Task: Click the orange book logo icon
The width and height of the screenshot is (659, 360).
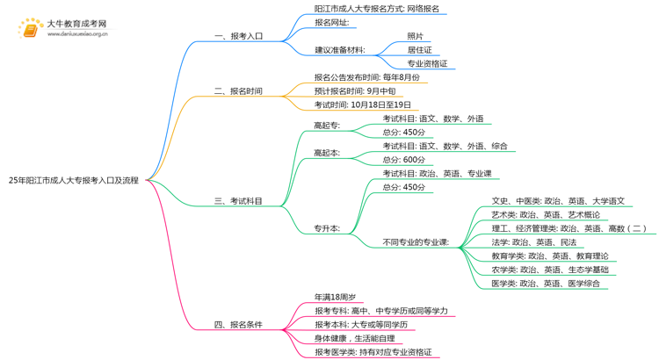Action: pos(30,28)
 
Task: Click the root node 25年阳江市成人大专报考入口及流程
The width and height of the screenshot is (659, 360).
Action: pos(74,180)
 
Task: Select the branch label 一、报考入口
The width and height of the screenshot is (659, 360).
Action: pos(238,36)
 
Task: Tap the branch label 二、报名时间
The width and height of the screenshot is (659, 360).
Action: pos(238,90)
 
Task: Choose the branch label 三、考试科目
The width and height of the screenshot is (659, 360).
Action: pos(238,201)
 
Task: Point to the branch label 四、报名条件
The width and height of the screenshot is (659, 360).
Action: pos(238,324)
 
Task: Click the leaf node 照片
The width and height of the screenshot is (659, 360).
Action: pos(416,36)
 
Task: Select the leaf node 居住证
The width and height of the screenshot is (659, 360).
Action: pos(419,50)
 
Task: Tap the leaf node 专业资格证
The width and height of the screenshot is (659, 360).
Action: pos(427,63)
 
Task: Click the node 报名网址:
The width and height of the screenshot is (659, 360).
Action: pos(332,22)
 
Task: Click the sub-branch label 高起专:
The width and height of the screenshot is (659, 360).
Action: pos(327,126)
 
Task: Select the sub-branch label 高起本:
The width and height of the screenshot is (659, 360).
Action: pos(327,153)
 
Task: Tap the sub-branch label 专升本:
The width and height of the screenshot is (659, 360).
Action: pos(327,228)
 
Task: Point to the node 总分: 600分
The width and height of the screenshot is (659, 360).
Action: pos(403,160)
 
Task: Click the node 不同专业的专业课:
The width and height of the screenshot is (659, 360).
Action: pos(416,242)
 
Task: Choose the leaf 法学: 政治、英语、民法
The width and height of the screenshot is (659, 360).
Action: pos(533,242)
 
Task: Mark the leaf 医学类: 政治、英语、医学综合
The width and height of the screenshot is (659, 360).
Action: pos(546,283)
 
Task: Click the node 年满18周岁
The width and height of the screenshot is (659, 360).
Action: pos(335,297)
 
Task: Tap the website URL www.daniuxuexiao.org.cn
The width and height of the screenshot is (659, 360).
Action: pos(77,34)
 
